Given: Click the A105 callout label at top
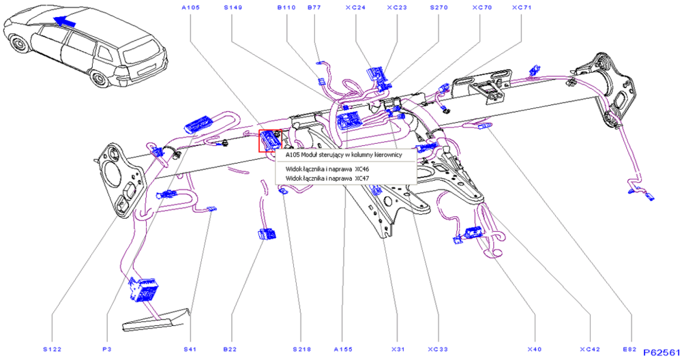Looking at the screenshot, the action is [190, 7].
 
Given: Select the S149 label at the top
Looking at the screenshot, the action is [233, 7].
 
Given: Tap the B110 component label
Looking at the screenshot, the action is [286, 7].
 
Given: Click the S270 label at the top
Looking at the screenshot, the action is [439, 7].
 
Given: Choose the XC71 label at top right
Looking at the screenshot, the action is [522, 7].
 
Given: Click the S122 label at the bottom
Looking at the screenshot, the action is [53, 349].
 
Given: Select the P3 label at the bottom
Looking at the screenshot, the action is [107, 349].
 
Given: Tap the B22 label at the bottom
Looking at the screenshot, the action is [230, 349].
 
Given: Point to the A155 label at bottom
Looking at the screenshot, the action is [343, 349].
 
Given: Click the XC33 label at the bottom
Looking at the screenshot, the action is [438, 349].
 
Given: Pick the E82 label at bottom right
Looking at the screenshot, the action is [629, 349].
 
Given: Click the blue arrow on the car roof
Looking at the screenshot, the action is [63, 21].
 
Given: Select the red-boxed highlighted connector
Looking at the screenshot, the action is [271, 141].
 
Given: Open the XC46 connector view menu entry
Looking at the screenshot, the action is [327, 168].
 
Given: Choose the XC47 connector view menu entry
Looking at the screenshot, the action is [327, 178].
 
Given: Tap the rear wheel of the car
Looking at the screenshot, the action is [100, 78].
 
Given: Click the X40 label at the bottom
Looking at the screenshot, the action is [535, 349].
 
